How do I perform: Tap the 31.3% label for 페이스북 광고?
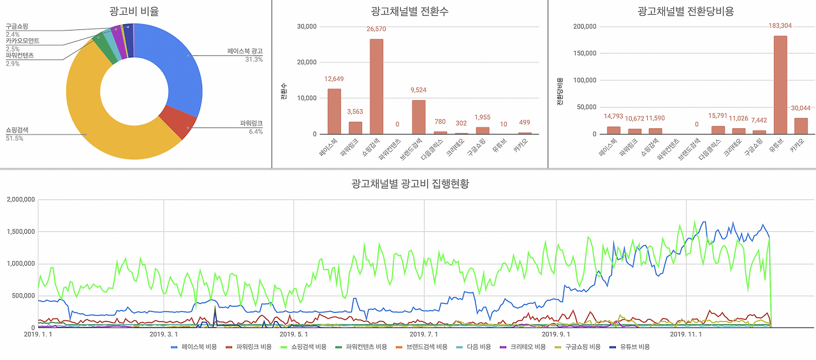click(x=254, y=59)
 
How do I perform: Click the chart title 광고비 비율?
click(x=134, y=11)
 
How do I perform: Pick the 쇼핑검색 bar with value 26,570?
click(x=376, y=86)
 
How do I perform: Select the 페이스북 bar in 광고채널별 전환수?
click(x=334, y=111)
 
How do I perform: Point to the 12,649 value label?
click(x=334, y=79)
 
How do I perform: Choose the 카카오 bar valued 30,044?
click(x=801, y=126)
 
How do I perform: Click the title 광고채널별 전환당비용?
click(x=681, y=11)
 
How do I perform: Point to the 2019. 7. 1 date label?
click(x=423, y=334)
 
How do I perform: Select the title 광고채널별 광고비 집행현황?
click(x=410, y=184)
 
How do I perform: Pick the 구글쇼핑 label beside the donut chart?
click(x=17, y=27)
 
